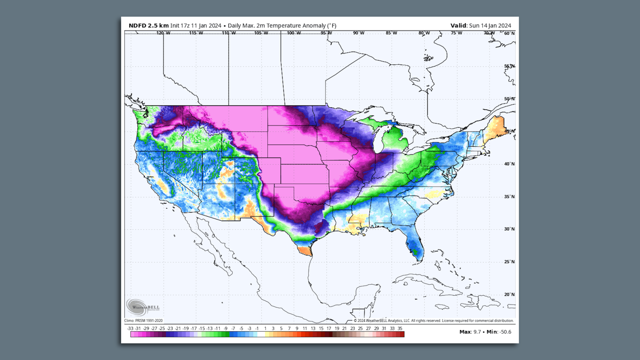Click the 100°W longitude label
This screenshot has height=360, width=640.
tap(294, 33)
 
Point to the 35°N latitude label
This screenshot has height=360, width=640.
tap(509, 197)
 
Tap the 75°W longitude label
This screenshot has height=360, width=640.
tap(456, 33)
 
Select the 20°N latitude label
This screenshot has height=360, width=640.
tap(509, 294)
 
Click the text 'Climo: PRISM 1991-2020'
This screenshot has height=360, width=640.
tap(143, 321)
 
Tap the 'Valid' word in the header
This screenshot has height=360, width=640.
tap(458, 26)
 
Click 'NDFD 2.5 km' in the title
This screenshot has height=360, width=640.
tap(149, 26)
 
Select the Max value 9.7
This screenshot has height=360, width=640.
tap(477, 332)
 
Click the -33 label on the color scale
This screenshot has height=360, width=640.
tap(130, 328)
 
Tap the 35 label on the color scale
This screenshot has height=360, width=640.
tap(400, 328)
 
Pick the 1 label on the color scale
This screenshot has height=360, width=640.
tap(265, 328)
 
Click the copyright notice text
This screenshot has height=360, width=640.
tap(433, 321)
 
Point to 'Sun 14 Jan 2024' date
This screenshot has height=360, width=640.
tap(490, 26)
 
